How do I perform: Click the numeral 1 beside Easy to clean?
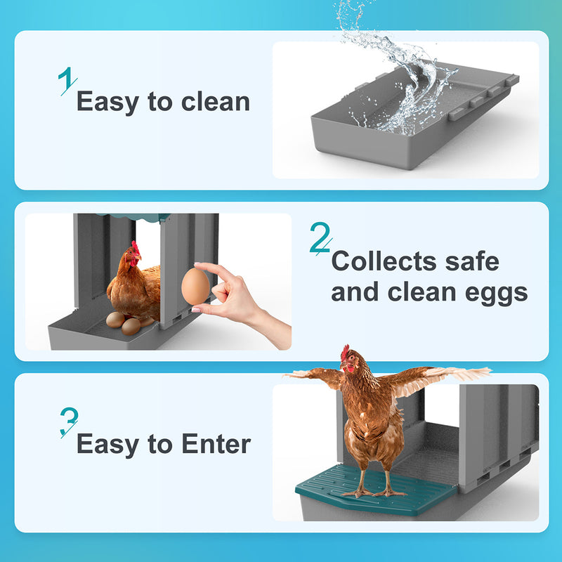point(67,81)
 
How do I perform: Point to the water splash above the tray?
point(393,63)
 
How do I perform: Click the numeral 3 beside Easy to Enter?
point(68,421)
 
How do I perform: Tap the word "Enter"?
point(216,444)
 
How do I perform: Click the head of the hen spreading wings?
point(350,360)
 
